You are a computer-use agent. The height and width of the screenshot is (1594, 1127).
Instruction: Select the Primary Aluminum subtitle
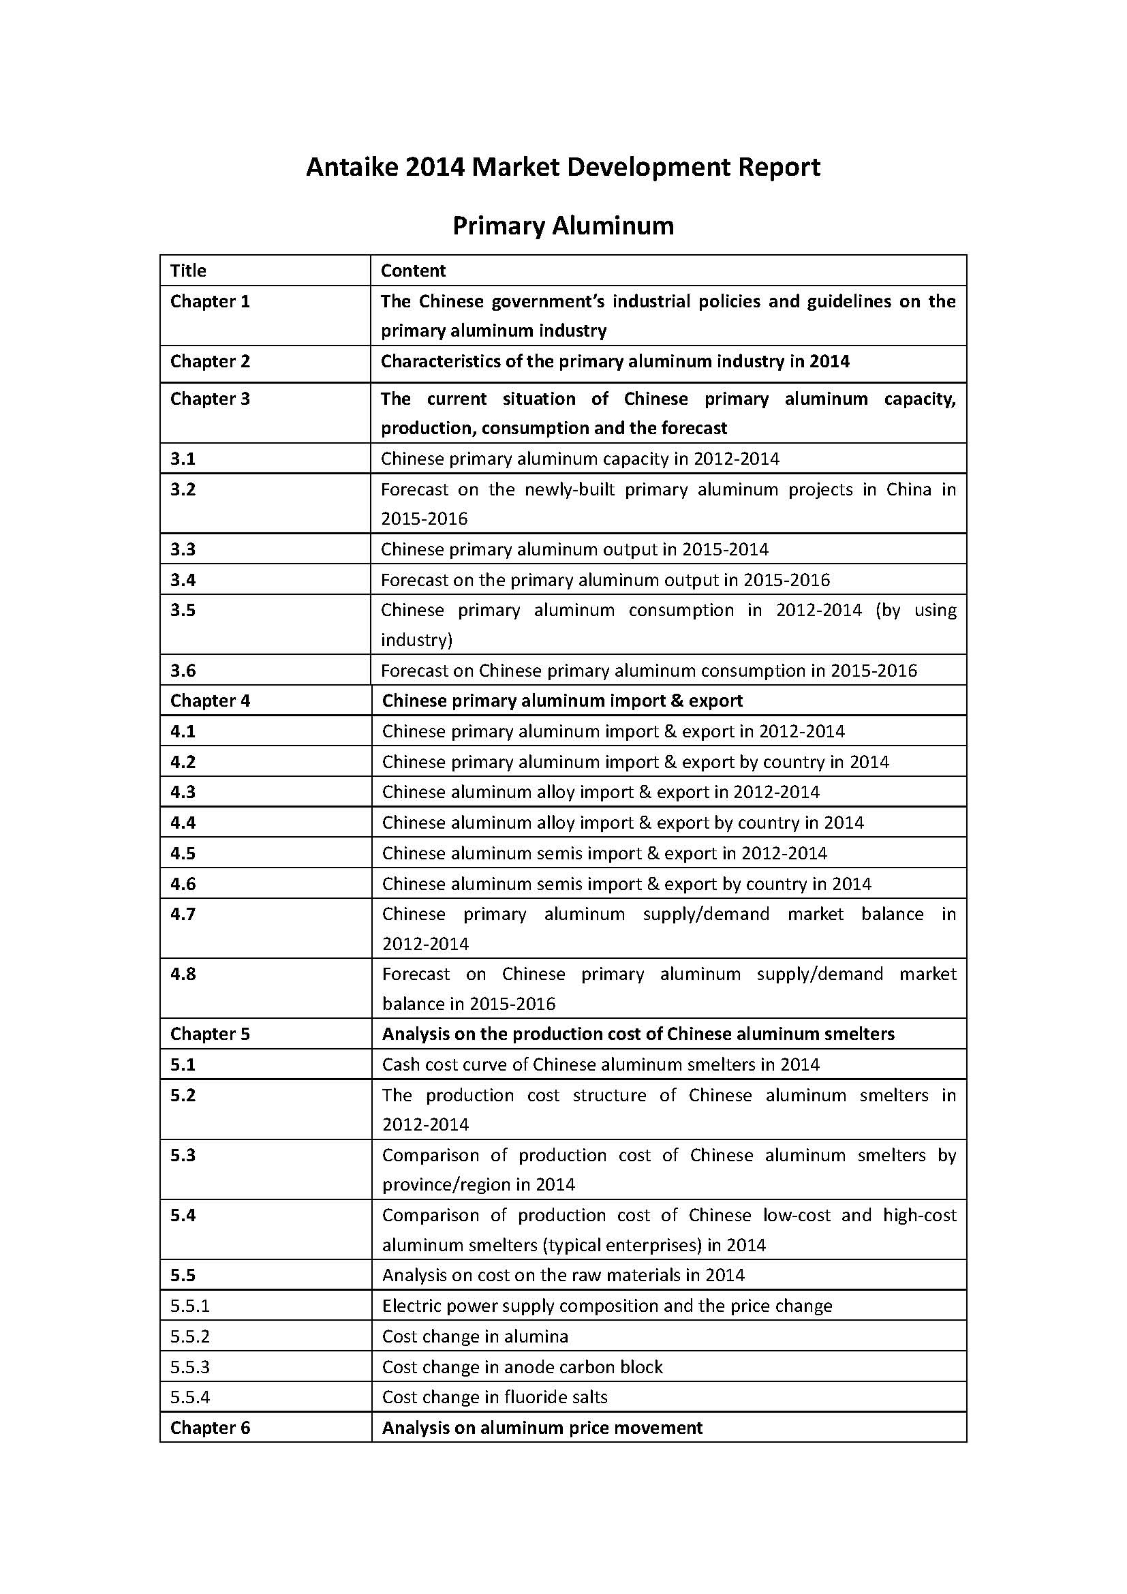click(x=563, y=226)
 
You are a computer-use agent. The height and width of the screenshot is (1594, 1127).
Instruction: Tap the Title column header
click(x=188, y=270)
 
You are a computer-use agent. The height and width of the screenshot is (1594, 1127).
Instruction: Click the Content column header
click(x=413, y=270)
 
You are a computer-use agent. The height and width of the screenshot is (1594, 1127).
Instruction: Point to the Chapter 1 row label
click(x=210, y=301)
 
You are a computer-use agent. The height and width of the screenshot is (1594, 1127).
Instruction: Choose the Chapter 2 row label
click(x=210, y=361)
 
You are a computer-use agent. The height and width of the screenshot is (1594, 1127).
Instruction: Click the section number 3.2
click(x=183, y=489)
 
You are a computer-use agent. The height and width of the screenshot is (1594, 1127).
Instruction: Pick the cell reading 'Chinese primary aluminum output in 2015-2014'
click(x=574, y=549)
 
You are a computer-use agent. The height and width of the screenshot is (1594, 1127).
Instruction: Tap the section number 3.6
click(x=183, y=670)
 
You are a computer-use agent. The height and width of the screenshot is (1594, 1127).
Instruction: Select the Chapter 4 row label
click(x=210, y=701)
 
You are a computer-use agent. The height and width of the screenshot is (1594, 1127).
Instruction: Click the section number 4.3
click(x=183, y=792)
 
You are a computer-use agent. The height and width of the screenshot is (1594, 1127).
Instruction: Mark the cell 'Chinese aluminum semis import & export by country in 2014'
click(x=626, y=884)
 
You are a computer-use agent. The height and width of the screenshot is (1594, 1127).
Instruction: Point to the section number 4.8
click(x=183, y=974)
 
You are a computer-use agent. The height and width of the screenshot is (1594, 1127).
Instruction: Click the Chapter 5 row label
click(x=210, y=1034)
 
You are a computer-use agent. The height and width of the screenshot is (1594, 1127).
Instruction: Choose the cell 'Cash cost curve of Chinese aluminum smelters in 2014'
click(x=600, y=1064)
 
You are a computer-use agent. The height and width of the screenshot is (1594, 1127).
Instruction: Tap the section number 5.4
click(x=183, y=1215)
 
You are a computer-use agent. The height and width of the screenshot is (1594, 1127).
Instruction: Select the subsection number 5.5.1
click(x=190, y=1306)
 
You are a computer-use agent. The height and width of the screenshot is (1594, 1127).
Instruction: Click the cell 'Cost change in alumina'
click(x=475, y=1336)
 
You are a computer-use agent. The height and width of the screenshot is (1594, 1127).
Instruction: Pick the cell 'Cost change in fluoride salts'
click(x=494, y=1397)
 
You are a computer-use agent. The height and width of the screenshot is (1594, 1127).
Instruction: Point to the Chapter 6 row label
click(x=210, y=1428)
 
